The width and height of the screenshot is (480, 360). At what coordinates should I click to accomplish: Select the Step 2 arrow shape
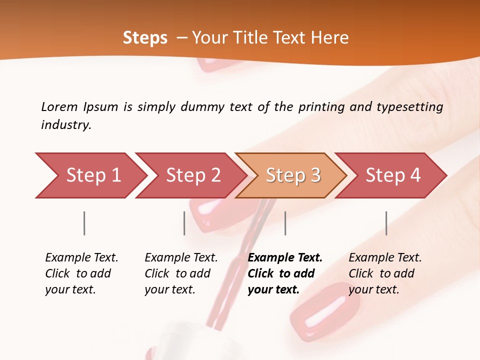click(x=193, y=175)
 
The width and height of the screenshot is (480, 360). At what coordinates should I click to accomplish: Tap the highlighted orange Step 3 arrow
click(x=293, y=175)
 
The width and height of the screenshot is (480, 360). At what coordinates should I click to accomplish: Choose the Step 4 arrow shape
click(x=393, y=175)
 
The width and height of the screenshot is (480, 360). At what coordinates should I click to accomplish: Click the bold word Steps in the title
click(x=145, y=38)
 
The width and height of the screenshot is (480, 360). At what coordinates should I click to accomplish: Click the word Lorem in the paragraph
click(x=59, y=107)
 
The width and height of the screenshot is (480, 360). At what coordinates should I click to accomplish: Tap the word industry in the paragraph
click(x=65, y=125)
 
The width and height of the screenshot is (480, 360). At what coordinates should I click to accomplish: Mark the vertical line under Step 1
click(x=84, y=223)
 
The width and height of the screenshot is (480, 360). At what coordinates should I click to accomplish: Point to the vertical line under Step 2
click(x=184, y=223)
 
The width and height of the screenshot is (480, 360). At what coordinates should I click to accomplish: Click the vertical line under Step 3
click(x=285, y=223)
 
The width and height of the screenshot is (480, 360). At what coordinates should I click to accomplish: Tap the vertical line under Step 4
click(x=386, y=223)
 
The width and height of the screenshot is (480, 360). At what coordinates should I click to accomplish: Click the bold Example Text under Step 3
click(x=285, y=258)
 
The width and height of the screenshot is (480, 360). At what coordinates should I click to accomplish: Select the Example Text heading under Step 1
click(x=81, y=258)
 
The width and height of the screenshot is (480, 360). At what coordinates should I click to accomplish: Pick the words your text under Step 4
click(x=373, y=289)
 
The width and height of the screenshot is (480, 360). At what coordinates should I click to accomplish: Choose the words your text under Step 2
click(x=169, y=289)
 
